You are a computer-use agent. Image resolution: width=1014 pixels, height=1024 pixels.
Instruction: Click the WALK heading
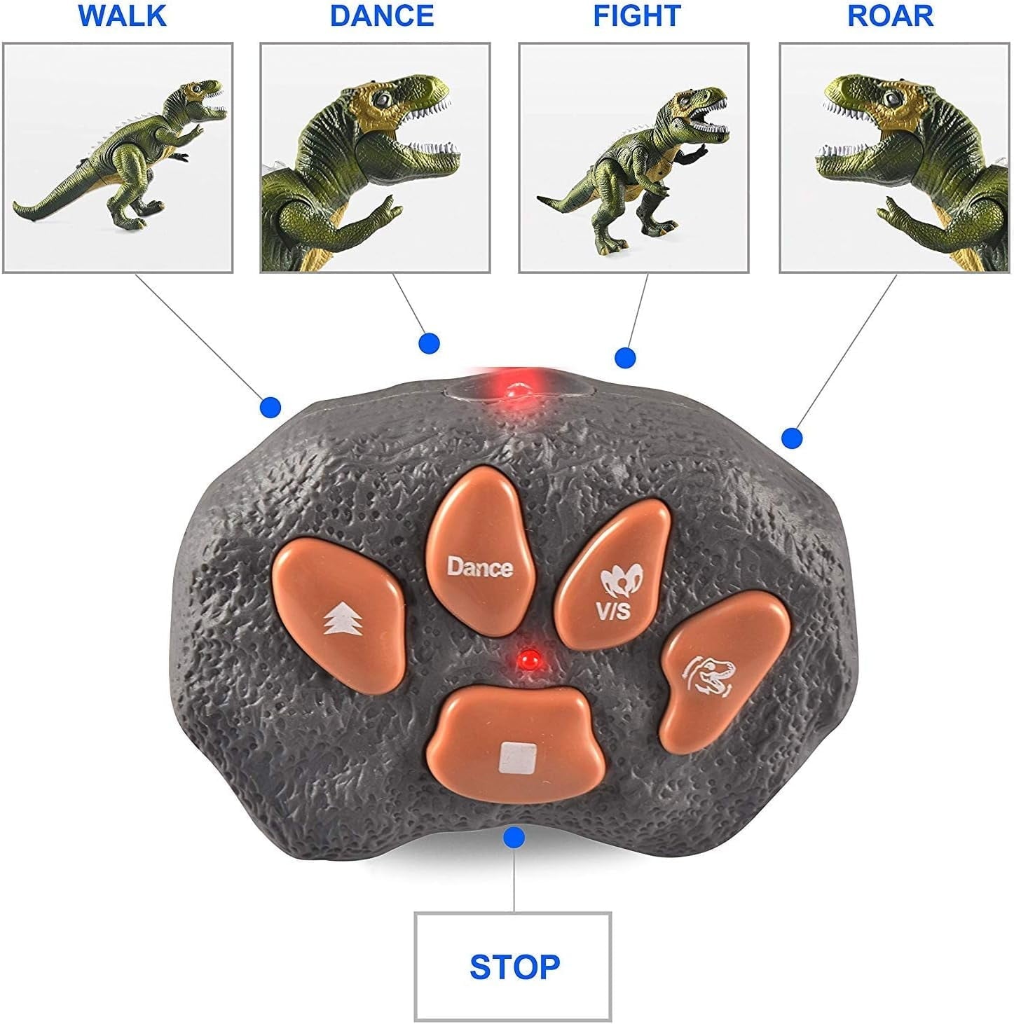coord(123,16)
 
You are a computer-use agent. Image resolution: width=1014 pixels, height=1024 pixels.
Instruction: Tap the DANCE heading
coord(382,16)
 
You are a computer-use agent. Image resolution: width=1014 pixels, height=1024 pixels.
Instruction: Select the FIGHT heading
coord(636,16)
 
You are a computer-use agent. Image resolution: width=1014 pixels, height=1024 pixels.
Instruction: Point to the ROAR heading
coord(890,16)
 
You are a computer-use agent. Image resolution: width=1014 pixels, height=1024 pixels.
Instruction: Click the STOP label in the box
coord(514,967)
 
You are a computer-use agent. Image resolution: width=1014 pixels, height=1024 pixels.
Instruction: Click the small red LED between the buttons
coord(528,659)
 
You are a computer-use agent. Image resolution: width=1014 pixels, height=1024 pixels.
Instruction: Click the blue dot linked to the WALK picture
coord(270,407)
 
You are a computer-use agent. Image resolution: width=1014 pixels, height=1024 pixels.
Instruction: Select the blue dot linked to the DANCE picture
coord(429,343)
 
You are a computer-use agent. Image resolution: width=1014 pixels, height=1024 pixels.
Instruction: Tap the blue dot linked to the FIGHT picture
coord(625,358)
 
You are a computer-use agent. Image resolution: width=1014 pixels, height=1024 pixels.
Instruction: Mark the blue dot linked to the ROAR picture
coord(792,438)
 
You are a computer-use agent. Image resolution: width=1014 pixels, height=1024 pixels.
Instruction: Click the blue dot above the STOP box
coord(515,836)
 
